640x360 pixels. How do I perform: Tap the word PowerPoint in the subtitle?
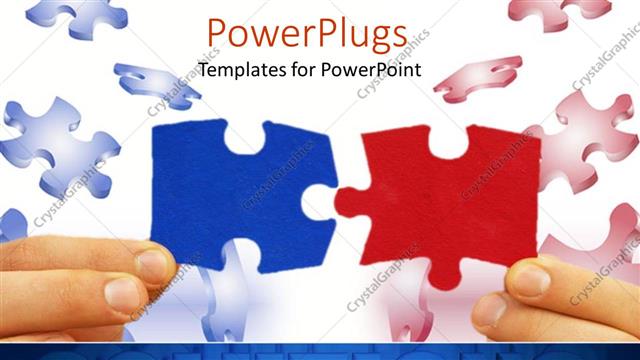click(371, 70)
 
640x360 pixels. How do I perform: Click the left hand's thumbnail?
click(152, 265)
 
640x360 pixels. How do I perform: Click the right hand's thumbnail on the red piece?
click(530, 278)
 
